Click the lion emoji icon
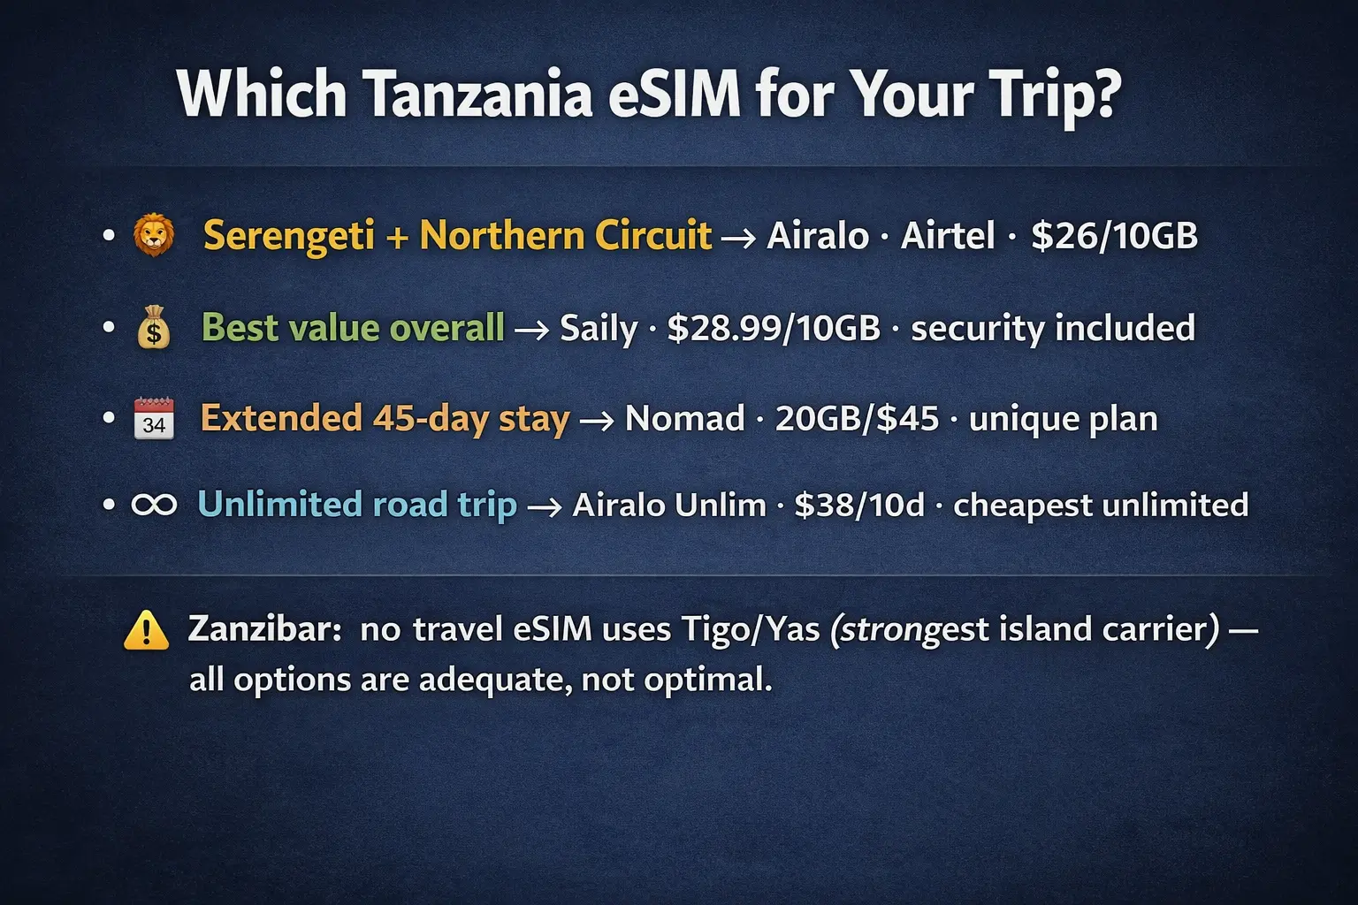click(154, 236)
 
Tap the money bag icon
click(154, 328)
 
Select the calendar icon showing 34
click(154, 419)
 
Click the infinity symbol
click(154, 505)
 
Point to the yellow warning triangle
click(146, 631)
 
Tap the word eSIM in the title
click(675, 94)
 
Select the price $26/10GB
click(1114, 236)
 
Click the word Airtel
click(948, 236)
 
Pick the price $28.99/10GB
click(774, 328)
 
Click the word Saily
click(599, 328)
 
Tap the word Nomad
click(684, 419)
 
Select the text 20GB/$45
click(857, 419)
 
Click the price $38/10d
click(858, 505)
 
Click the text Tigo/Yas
click(751, 630)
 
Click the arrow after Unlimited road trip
click(544, 506)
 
